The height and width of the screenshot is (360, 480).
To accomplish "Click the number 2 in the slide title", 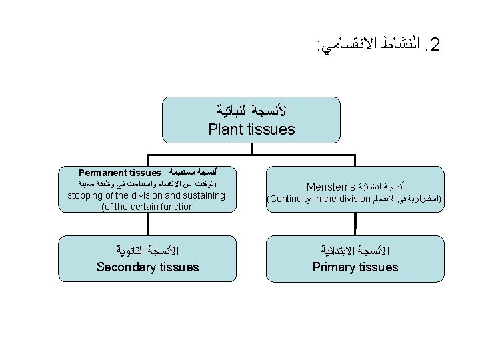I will [436, 45].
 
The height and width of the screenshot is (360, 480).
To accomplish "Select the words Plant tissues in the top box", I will [251, 129].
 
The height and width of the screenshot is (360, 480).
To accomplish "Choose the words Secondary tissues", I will [147, 267].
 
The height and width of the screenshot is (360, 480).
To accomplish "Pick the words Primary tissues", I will [355, 267].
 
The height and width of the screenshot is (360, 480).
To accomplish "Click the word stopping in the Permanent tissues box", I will [86, 195].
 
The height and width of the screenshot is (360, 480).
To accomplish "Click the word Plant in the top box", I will [225, 129].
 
